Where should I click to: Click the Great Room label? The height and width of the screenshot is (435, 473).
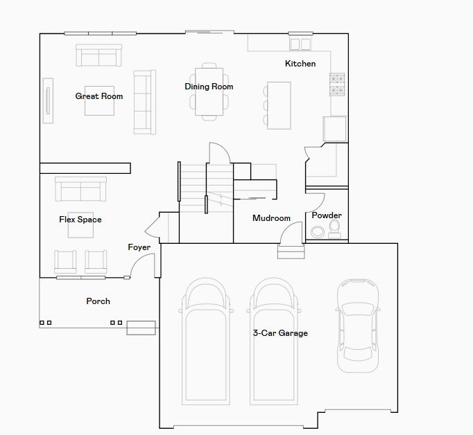(99, 96)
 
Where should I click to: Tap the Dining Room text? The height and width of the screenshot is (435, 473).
(209, 87)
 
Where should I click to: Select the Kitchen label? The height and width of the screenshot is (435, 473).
(300, 64)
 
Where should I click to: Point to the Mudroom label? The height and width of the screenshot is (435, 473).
(271, 218)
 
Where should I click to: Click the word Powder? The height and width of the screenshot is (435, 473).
(327, 215)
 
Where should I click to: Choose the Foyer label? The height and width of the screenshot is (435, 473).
(139, 247)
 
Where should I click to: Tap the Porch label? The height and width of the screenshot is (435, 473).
(98, 301)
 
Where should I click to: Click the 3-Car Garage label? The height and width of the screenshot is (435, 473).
(280, 333)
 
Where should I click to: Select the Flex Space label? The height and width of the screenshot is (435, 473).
(80, 220)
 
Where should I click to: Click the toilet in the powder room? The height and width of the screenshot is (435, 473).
(334, 229)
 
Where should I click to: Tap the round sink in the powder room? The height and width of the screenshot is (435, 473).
(318, 232)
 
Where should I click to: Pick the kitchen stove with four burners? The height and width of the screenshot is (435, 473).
(337, 85)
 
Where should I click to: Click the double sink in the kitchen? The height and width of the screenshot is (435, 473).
(300, 44)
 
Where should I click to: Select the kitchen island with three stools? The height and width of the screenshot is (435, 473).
(277, 105)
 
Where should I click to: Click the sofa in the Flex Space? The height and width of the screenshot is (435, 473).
(80, 189)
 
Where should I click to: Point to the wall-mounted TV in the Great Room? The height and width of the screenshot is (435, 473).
(48, 100)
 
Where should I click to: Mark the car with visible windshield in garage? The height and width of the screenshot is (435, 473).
(358, 326)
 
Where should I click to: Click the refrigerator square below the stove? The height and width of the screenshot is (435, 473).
(334, 129)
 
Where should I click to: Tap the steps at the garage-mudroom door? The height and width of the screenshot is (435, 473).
(291, 252)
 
